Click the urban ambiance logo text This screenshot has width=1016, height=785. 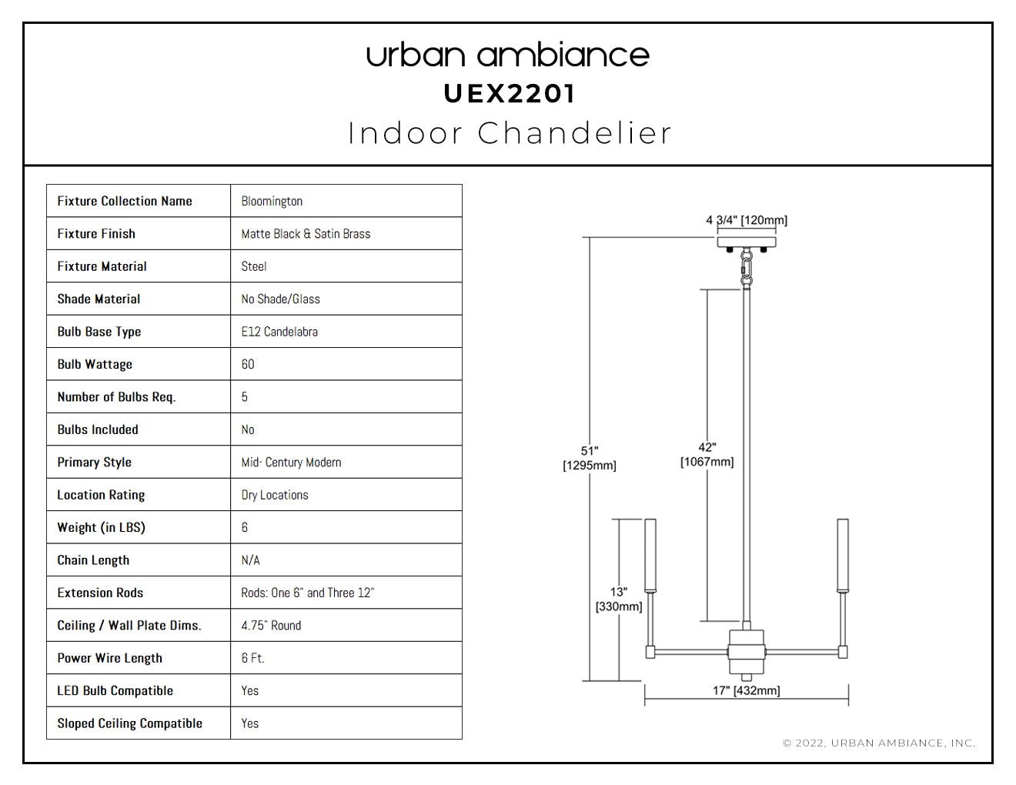click(508, 55)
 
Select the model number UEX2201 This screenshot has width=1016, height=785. click(509, 94)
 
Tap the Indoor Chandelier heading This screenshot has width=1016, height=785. click(509, 133)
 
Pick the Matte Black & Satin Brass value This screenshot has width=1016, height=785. click(306, 234)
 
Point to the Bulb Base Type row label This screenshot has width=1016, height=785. click(99, 332)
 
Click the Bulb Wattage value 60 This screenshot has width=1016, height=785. click(248, 364)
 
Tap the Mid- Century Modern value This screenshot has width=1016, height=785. click(291, 463)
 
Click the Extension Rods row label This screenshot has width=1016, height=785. click(100, 593)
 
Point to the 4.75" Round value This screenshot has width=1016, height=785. click(271, 626)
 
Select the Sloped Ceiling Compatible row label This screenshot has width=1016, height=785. click(129, 723)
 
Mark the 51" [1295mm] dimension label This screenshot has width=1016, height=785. click(589, 458)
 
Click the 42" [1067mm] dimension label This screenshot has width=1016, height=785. click(707, 454)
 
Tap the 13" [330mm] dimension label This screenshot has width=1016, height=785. click(619, 600)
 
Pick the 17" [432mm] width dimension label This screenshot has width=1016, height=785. click(746, 690)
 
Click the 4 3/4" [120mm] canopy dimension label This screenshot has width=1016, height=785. click(747, 220)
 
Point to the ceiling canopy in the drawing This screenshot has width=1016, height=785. click(747, 242)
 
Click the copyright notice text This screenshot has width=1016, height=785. click(879, 743)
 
